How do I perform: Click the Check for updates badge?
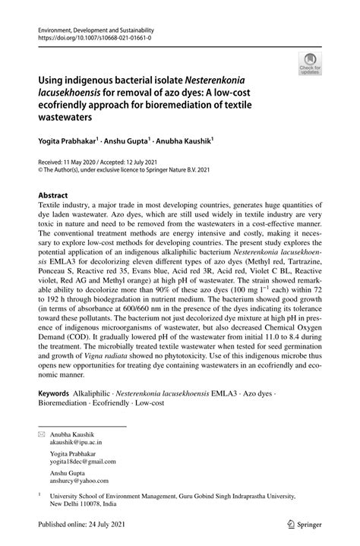(x=309, y=63)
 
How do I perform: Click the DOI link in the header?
(x=87, y=36)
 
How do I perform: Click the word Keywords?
(x=58, y=396)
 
